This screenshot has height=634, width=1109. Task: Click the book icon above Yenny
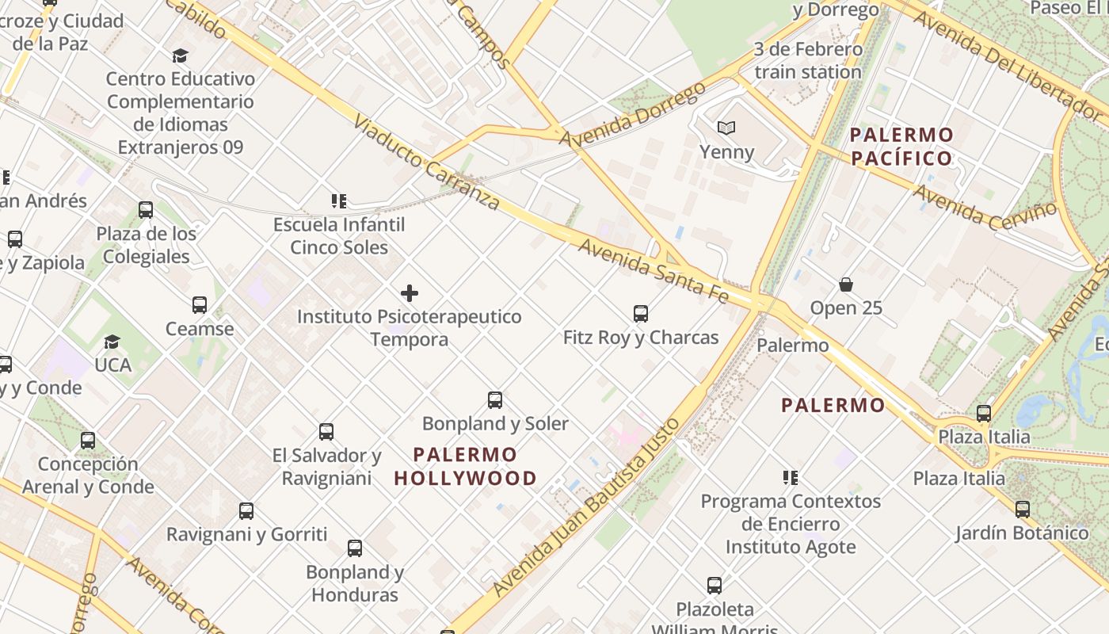click(726, 128)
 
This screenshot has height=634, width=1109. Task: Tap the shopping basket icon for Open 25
click(846, 285)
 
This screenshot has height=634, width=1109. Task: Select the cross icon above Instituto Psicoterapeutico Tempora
click(410, 293)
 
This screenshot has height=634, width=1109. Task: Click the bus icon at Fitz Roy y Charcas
click(641, 314)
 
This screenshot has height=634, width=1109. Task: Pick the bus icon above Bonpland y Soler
click(495, 400)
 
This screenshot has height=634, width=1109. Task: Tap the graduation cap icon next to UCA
click(112, 342)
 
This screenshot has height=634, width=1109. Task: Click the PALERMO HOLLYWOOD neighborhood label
click(466, 467)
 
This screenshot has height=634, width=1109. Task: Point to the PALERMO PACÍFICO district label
click(901, 146)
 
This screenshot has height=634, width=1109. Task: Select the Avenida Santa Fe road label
click(653, 270)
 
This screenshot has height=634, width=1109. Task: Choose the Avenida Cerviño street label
click(985, 207)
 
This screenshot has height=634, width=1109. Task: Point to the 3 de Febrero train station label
click(807, 60)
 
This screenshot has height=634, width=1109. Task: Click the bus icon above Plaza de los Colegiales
click(146, 210)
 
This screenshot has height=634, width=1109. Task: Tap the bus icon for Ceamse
click(200, 305)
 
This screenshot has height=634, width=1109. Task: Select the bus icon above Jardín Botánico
click(1023, 510)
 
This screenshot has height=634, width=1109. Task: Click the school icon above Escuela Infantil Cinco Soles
click(339, 201)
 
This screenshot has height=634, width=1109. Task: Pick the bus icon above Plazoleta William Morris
click(715, 586)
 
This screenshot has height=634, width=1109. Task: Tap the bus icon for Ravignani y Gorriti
click(246, 511)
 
